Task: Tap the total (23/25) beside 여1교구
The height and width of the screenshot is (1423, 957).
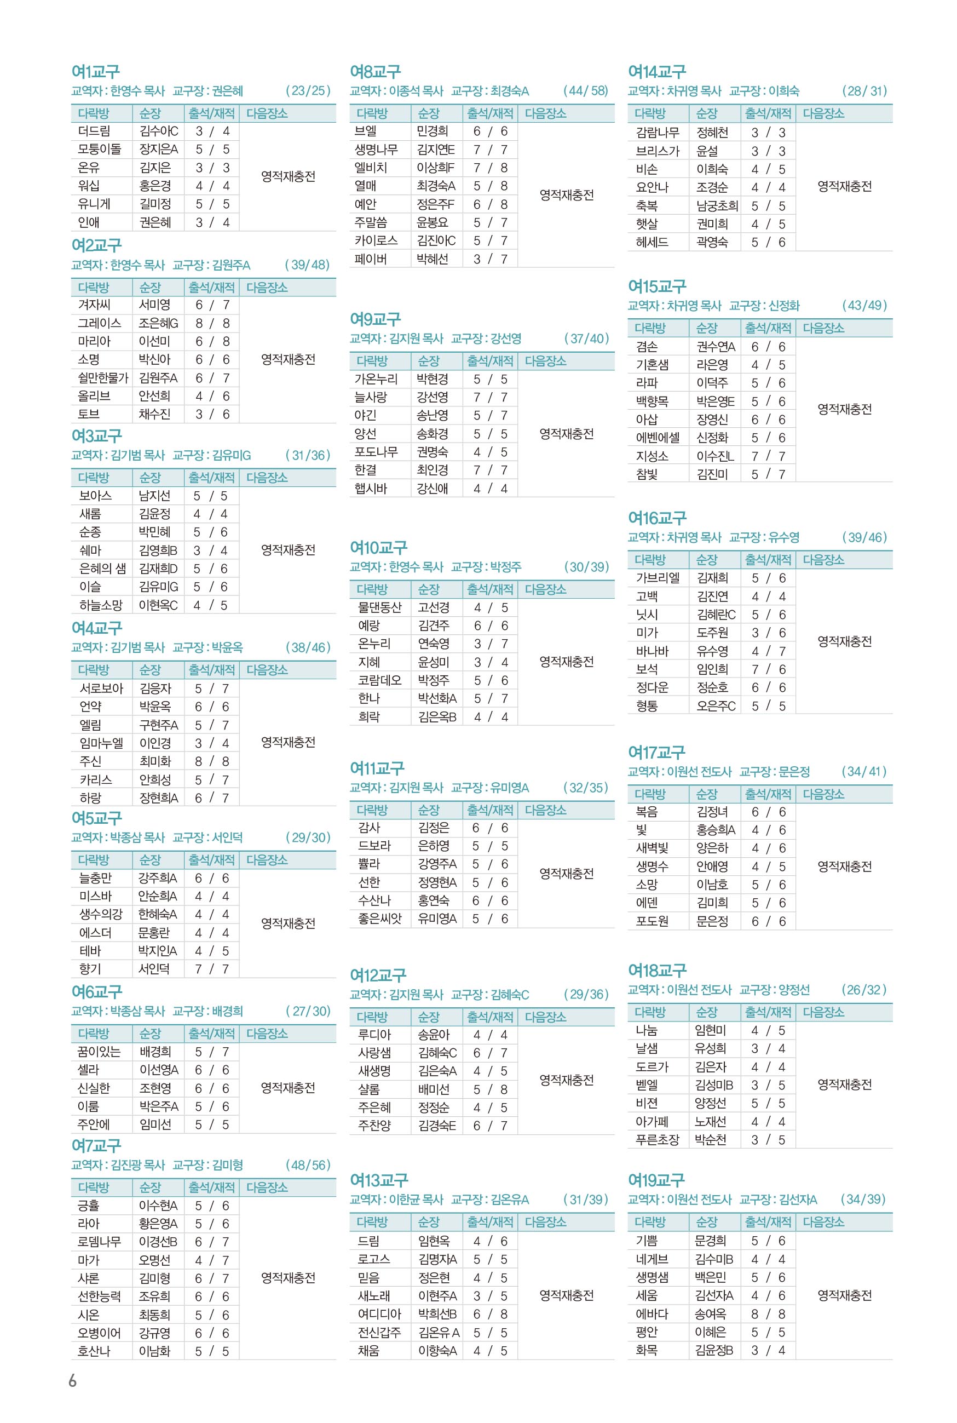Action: [308, 91]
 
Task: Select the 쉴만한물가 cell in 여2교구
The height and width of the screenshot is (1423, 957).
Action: [102, 378]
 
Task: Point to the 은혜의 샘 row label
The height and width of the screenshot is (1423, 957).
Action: [102, 569]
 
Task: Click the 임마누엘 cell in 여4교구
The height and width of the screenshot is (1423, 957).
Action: [101, 743]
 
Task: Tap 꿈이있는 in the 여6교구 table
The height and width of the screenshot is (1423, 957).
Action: [100, 1051]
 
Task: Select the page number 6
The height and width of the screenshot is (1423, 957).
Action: [73, 1380]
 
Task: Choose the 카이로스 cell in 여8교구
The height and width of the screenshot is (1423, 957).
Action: [376, 240]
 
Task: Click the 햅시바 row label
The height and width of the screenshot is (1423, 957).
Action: [371, 489]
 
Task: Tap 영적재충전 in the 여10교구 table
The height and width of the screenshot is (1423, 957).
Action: [567, 662]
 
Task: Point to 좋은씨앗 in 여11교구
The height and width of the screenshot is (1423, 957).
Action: [379, 918]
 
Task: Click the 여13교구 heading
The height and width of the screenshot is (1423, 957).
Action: [379, 1180]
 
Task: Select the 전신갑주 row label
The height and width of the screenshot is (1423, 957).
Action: [379, 1332]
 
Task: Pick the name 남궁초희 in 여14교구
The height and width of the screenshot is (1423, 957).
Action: [717, 206]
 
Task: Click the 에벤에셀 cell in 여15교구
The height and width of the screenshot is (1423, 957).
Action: [658, 438]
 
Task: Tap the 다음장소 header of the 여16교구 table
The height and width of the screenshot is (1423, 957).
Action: [823, 560]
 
